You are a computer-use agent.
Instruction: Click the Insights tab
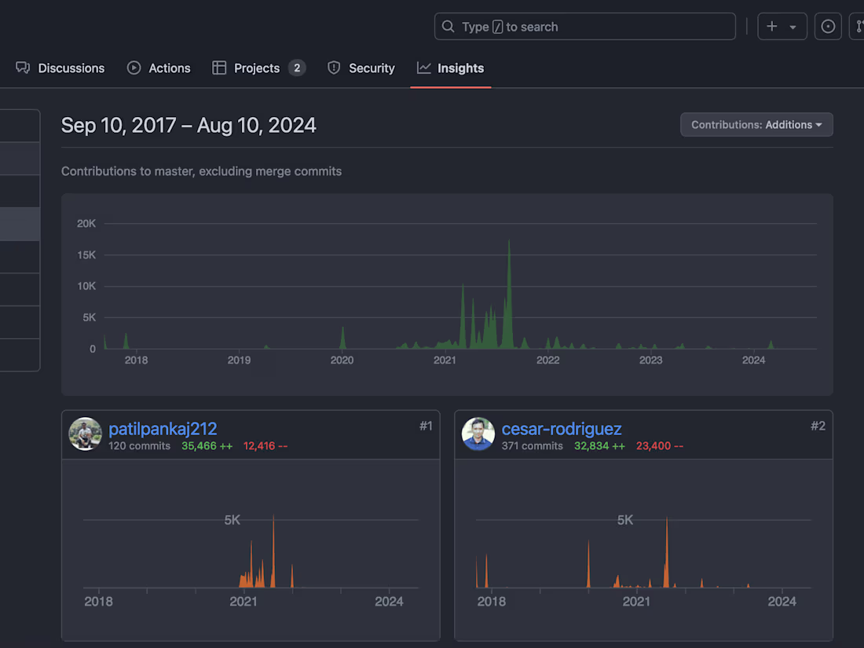(451, 68)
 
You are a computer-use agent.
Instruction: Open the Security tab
(361, 68)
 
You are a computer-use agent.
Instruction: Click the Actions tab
(159, 68)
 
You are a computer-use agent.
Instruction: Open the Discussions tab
(60, 68)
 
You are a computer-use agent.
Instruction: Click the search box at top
(584, 27)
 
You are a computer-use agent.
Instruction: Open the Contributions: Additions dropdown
(756, 125)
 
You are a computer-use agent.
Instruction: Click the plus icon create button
(782, 27)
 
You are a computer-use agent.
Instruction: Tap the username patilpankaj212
(163, 429)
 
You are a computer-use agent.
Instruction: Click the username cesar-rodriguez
(562, 429)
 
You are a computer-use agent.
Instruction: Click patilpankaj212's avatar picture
(85, 434)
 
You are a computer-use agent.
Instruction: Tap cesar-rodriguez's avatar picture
(478, 434)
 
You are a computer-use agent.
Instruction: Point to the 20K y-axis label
(86, 224)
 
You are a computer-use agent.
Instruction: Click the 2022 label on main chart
(547, 361)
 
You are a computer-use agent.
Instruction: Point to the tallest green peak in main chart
(509, 243)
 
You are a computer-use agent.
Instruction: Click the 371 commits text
(533, 446)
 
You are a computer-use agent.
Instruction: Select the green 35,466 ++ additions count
(207, 446)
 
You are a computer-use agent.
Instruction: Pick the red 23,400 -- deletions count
(659, 446)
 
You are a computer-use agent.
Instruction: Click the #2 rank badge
(818, 426)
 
